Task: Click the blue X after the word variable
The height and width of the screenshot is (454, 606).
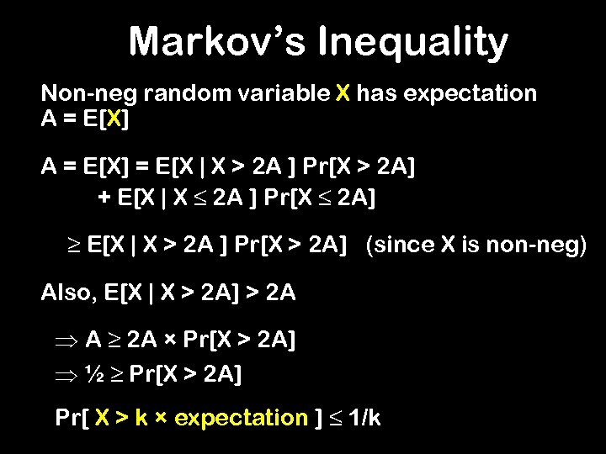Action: click(342, 93)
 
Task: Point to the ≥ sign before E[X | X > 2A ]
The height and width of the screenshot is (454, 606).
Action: click(72, 245)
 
